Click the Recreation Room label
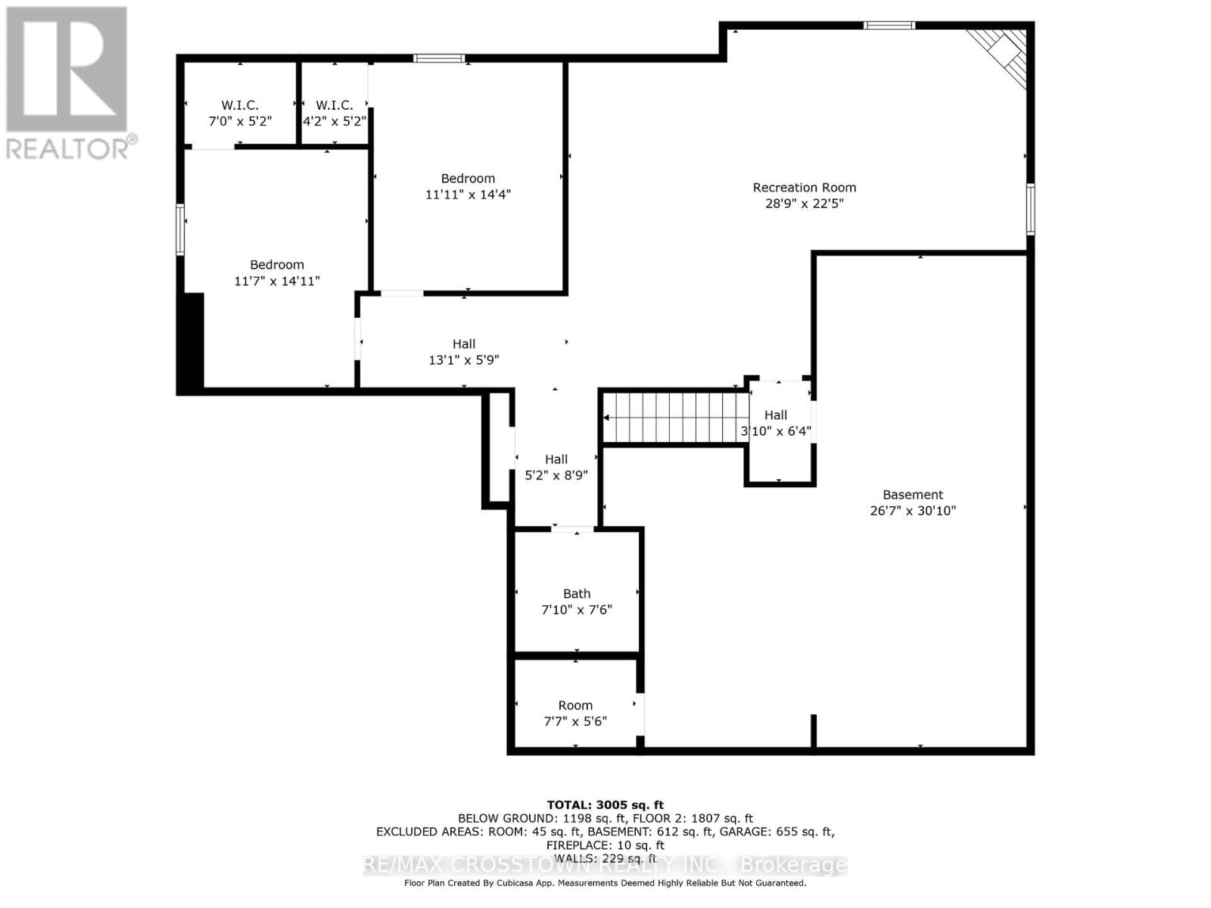pyautogui.click(x=804, y=188)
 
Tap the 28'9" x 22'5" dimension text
pyautogui.click(x=804, y=204)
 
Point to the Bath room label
pyautogui.click(x=576, y=594)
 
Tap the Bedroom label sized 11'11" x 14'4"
pyautogui.click(x=468, y=179)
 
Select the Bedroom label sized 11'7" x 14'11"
pyautogui.click(x=277, y=265)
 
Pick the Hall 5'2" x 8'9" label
pyautogui.click(x=556, y=459)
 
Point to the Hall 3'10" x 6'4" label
pyautogui.click(x=776, y=415)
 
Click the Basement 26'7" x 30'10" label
pyautogui.click(x=913, y=495)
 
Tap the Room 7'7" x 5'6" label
pyautogui.click(x=575, y=705)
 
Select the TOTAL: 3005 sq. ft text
pyautogui.click(x=605, y=805)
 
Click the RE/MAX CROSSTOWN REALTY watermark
pyautogui.click(x=605, y=865)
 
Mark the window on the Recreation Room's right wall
pyautogui.click(x=1030, y=209)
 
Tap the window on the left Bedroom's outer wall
pyautogui.click(x=180, y=229)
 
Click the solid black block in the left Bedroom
pyautogui.click(x=191, y=341)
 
